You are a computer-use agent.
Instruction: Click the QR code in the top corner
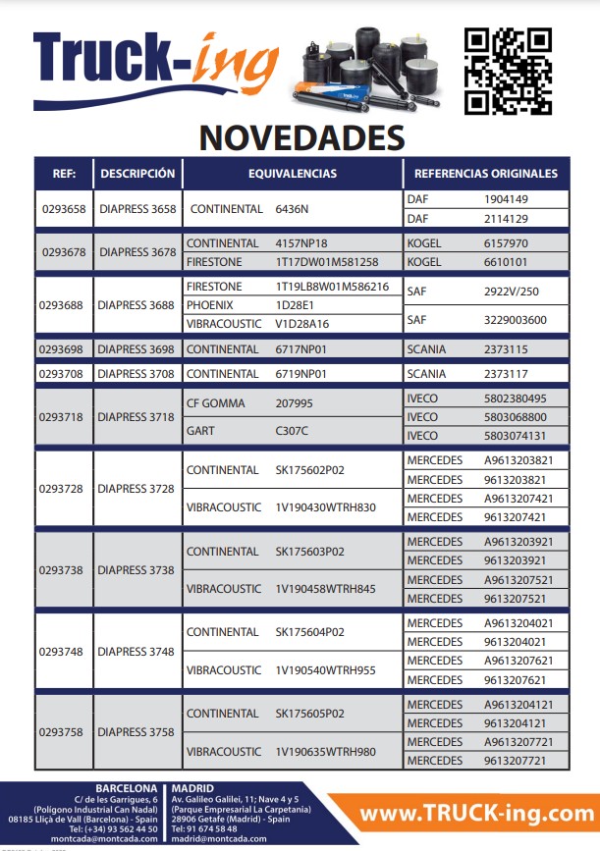click(x=508, y=70)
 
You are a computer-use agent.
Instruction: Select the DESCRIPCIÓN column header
click(x=137, y=174)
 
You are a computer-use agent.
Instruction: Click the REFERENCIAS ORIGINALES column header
click(x=486, y=174)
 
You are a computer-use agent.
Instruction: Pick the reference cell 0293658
click(x=64, y=209)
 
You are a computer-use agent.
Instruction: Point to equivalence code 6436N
click(x=292, y=209)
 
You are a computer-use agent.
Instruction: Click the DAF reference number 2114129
click(x=506, y=219)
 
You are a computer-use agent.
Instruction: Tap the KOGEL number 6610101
click(x=506, y=262)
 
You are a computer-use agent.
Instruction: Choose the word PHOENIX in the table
click(x=210, y=305)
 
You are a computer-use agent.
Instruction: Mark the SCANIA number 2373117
click(x=506, y=374)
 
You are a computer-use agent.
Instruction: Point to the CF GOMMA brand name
click(x=215, y=403)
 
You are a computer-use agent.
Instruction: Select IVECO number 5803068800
click(x=516, y=416)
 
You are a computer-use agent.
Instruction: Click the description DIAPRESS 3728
click(x=137, y=489)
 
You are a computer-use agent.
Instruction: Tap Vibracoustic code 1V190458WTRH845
click(x=326, y=589)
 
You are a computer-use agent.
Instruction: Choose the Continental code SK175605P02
click(x=309, y=714)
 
